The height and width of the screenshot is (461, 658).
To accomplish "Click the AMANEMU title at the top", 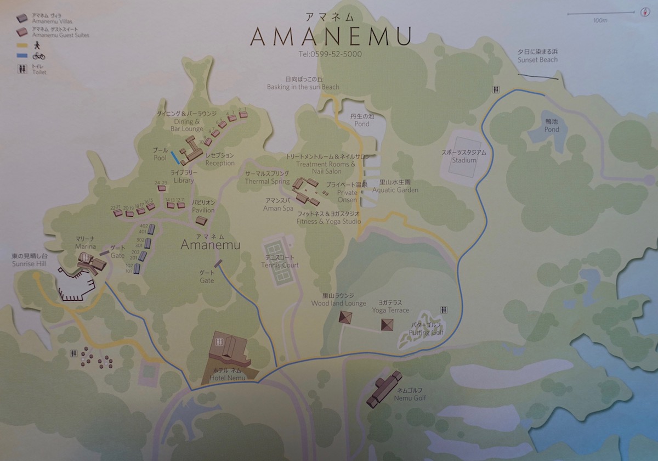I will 331,37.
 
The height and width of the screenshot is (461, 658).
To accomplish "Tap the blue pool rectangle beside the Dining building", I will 174,158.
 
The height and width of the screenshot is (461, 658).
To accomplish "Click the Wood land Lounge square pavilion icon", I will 345,317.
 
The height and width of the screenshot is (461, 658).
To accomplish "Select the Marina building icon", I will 91,266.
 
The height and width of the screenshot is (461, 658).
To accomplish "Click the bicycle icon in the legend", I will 39,55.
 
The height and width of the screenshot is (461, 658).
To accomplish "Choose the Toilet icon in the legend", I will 22,69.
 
